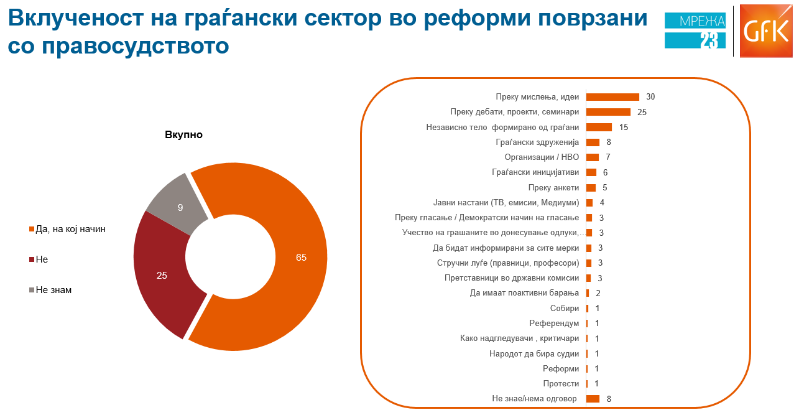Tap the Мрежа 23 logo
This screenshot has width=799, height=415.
695,32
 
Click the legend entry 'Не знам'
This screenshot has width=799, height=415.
53,290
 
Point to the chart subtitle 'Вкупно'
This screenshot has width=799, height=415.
183,134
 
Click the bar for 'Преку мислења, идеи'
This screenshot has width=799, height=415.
612,97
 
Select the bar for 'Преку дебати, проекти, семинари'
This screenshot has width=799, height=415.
608,112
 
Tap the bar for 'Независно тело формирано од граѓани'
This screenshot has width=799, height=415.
599,127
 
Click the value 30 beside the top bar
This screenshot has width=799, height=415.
650,97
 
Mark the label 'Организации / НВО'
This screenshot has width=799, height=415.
542,157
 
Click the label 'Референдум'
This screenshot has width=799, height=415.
554,324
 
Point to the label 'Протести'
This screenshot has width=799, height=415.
561,384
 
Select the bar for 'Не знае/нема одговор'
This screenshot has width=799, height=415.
593,399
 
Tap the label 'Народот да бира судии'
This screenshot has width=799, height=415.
534,353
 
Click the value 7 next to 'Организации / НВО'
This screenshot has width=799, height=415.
608,157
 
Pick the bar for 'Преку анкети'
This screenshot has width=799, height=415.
591,187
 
